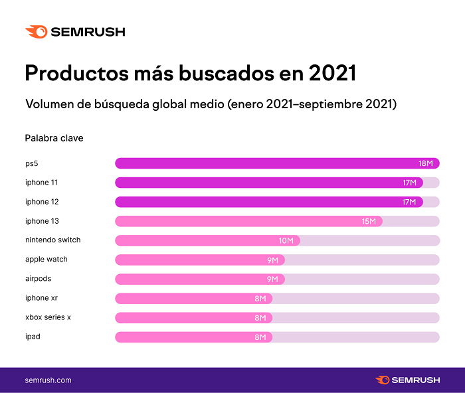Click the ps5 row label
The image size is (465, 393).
33,163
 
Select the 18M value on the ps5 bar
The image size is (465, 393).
426,163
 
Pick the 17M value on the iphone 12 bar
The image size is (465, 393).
409,202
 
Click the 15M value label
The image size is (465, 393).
369,221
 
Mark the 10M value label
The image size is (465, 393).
286,240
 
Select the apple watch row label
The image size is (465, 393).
46,260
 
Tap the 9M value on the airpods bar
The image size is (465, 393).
272,279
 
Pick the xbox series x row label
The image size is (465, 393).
48,317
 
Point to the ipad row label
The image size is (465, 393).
33,337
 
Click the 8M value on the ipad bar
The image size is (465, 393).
260,337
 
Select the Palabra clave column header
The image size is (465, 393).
54,138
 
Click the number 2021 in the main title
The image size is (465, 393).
332,72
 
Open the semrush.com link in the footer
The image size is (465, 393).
48,380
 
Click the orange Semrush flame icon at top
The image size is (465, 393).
36,31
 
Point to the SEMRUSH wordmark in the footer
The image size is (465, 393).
416,380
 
